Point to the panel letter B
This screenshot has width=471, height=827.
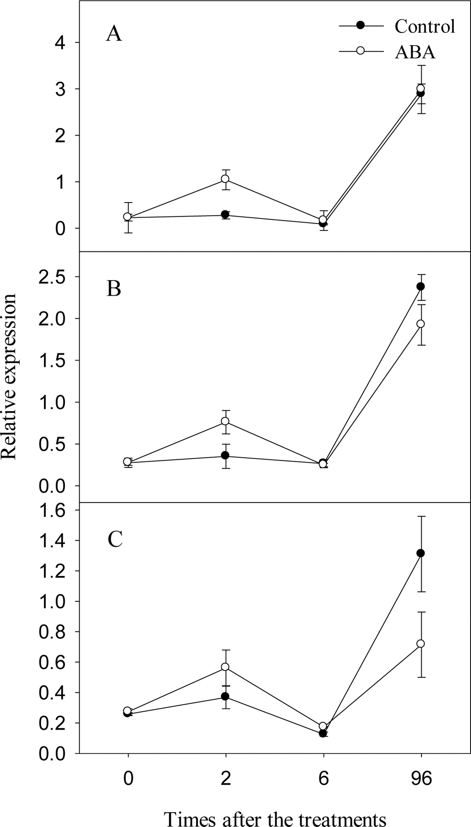(114, 289)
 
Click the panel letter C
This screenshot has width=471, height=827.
(115, 539)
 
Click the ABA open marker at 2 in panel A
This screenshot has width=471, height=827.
(225, 179)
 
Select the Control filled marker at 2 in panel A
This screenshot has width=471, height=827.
(225, 215)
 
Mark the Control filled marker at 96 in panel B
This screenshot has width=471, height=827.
(421, 287)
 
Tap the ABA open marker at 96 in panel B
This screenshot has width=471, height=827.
(421, 324)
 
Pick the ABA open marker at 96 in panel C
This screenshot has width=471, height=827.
(421, 644)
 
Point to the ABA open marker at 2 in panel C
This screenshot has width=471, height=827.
(225, 667)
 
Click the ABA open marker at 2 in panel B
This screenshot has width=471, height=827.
(225, 421)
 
